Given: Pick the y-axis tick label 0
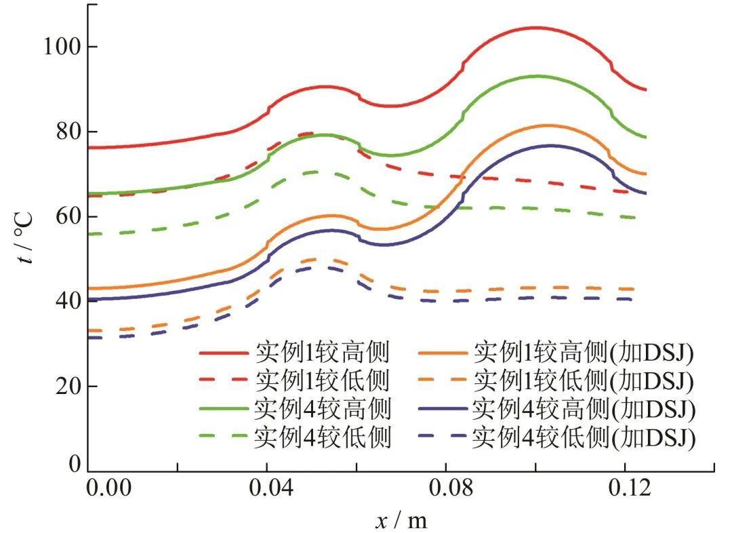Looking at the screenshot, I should coord(75,465).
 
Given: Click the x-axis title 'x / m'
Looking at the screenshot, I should coord(401,520).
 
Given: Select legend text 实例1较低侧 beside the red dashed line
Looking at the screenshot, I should coord(323,381).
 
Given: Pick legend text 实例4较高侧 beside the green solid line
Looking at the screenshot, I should coord(323,410).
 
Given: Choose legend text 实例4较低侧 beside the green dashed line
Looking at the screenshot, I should coord(323,438).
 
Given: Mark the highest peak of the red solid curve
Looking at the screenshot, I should coord(535,28).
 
